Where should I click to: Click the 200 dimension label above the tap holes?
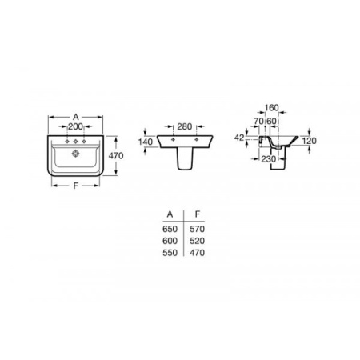[75, 126]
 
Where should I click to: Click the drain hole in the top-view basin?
[76, 154]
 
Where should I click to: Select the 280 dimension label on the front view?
[185, 126]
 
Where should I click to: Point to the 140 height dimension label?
[146, 142]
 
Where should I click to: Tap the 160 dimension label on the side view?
[271, 108]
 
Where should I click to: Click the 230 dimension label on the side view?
[269, 159]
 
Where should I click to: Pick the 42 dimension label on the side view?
[239, 138]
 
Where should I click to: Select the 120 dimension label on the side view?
[309, 141]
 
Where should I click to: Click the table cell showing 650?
[170, 229]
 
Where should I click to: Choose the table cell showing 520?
[197, 241]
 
